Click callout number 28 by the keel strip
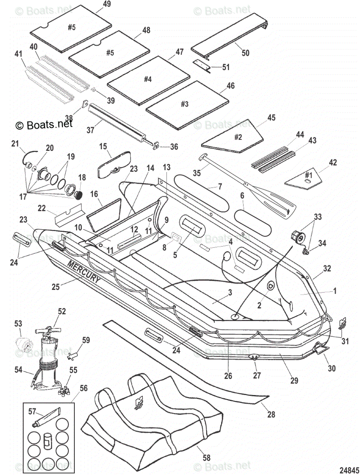click(271, 414)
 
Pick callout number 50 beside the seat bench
click(245, 52)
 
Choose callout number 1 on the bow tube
click(334, 291)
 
